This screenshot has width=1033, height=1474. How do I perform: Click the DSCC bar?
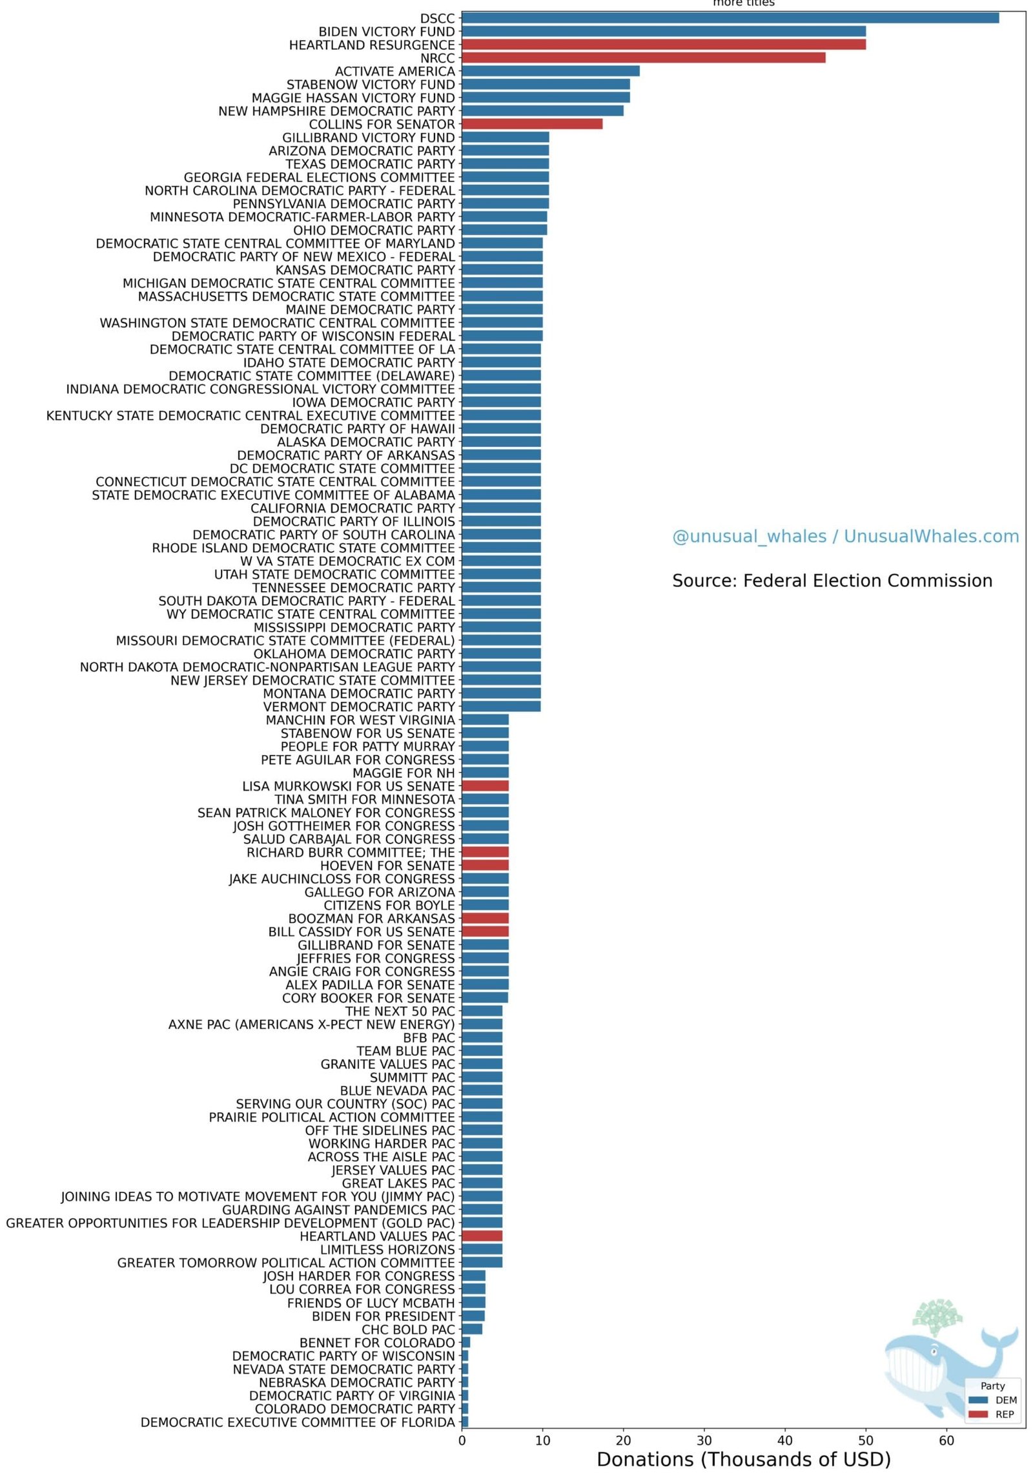tap(730, 18)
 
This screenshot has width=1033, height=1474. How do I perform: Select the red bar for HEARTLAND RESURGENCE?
tap(664, 45)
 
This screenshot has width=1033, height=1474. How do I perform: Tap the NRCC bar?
tap(643, 57)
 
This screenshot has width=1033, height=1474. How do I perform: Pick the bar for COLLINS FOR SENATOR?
tap(532, 124)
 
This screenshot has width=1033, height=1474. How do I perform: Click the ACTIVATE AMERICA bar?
tap(550, 71)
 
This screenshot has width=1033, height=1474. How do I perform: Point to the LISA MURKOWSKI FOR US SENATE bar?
tap(485, 786)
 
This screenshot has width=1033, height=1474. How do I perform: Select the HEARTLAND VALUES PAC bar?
tap(482, 1236)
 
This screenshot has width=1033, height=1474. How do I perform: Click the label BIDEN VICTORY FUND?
tap(386, 32)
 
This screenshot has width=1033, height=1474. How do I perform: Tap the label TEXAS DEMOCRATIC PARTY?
tap(370, 164)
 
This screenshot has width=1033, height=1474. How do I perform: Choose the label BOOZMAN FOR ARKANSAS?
tap(371, 919)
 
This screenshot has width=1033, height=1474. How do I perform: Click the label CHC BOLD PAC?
tap(408, 1329)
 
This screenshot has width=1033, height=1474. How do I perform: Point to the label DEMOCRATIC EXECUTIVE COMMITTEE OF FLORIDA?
tap(298, 1422)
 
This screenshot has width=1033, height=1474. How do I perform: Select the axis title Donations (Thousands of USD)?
tap(743, 1460)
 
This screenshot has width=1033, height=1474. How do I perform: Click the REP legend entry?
tap(995, 1415)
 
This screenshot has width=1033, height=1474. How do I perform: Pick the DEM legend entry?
tap(995, 1400)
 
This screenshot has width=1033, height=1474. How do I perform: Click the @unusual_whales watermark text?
tap(845, 536)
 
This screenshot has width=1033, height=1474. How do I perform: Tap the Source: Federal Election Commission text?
tap(832, 581)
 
